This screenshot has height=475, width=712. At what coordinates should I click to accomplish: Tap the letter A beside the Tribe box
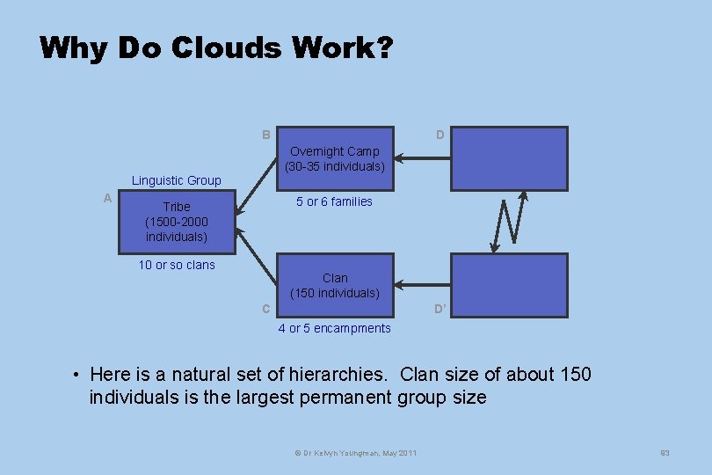107,198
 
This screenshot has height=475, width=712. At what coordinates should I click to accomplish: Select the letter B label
265,135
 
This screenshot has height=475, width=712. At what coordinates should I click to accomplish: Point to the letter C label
265,309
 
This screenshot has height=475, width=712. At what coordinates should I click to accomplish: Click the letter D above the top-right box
440,135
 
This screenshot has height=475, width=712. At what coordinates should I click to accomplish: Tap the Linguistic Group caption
177,180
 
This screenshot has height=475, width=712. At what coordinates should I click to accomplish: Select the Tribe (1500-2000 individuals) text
177,222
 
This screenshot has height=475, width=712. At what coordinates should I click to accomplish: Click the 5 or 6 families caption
334,201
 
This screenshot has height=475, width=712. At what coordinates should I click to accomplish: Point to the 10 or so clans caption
177,265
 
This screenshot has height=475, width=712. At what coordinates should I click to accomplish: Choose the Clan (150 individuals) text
335,285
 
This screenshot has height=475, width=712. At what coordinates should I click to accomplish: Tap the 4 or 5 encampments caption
334,328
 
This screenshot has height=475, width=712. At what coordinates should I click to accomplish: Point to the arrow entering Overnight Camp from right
422,159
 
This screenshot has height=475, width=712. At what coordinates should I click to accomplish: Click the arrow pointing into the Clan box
422,285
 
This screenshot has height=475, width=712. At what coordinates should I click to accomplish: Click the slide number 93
665,452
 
